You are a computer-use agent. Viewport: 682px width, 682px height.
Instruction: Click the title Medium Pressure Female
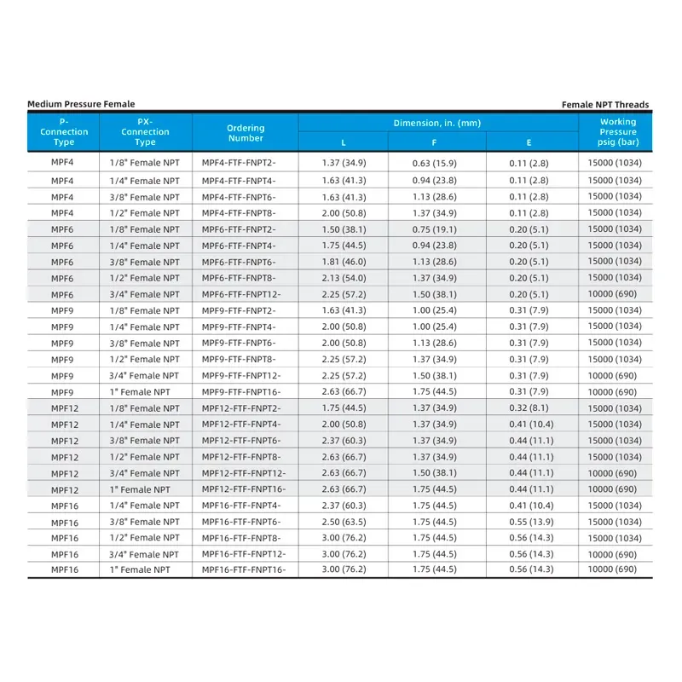coord(81,104)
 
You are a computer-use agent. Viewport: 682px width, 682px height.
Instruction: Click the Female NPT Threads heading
coord(605,105)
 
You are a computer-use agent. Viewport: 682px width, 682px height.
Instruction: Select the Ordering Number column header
coord(246,133)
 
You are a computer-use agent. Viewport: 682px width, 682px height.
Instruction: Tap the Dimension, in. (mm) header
coord(437,124)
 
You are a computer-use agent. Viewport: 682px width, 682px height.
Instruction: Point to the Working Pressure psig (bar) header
coord(617,132)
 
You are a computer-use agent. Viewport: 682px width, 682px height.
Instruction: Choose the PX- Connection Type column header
coord(145,132)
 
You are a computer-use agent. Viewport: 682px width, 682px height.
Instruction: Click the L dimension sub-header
coord(344,142)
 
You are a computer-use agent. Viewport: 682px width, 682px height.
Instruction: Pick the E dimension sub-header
coord(529,142)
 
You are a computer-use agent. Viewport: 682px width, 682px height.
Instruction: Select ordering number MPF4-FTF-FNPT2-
coord(239,162)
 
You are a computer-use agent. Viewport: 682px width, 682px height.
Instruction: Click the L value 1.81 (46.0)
coord(344,262)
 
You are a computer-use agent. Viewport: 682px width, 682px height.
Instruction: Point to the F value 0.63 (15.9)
coord(436,162)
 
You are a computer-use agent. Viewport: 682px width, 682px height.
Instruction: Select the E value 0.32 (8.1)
coord(529,408)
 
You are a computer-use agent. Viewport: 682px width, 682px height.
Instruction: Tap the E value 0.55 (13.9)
coord(529,522)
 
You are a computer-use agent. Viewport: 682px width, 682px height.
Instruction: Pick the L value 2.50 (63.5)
coord(344,522)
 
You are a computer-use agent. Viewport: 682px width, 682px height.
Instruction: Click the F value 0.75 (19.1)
coord(436,229)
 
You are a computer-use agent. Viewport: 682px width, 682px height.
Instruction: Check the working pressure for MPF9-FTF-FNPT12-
coord(613,376)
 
